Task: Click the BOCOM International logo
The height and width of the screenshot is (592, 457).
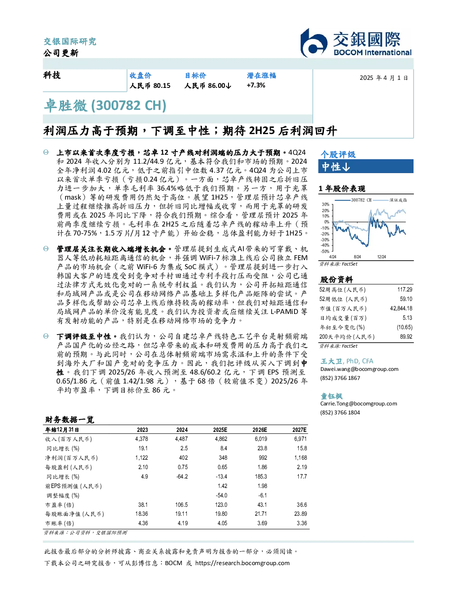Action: pos(355,43)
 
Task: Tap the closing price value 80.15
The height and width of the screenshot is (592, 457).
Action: pos(162,86)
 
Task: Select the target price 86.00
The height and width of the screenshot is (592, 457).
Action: pos(217,86)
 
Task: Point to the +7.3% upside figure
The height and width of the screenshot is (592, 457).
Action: pos(256,85)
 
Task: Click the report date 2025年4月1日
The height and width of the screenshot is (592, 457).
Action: pos(384,78)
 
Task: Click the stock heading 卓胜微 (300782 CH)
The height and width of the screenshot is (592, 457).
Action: pos(105,106)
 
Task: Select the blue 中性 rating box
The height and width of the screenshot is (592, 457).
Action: pos(366,166)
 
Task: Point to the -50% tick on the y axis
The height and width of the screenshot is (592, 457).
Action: pos(325,251)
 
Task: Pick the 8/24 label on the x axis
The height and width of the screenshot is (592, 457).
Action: pos(357,257)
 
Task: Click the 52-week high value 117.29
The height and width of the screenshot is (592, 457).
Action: pos(405,290)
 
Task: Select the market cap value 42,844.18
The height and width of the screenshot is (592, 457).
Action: pos(401,309)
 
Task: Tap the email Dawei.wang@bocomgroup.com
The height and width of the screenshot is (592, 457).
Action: pos(359,369)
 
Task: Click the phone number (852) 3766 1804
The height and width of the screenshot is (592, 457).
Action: pos(340,413)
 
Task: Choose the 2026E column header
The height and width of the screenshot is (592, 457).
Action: pos(260,430)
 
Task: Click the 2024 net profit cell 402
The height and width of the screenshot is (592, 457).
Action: pos(183,458)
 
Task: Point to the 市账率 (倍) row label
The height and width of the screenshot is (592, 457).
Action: pos(59,524)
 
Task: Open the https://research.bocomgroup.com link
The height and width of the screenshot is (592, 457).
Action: pos(242,563)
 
